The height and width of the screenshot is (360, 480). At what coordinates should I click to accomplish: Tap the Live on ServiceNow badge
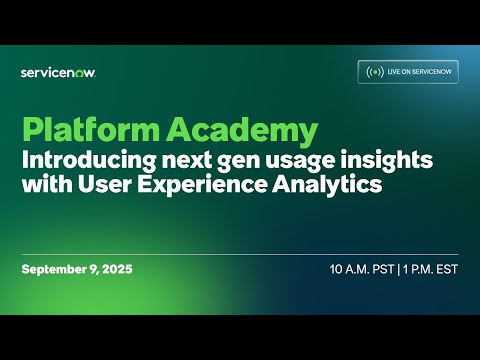[409, 72]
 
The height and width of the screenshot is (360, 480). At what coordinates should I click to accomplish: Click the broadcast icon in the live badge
[376, 72]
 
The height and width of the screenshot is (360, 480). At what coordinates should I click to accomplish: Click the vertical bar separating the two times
[396, 270]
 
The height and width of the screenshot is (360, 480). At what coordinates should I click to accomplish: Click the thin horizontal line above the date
[240, 253]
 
